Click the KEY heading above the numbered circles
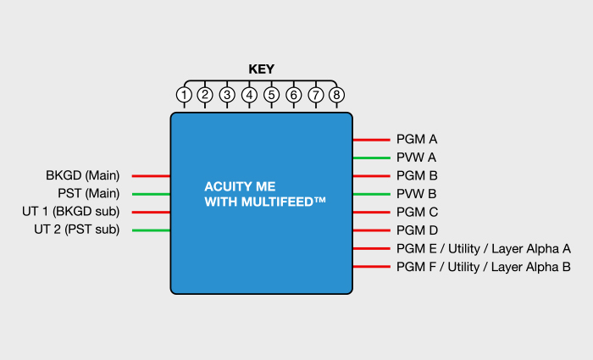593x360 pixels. pos(261,69)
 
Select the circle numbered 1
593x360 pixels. pos(184,95)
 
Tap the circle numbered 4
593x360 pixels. pos(249,95)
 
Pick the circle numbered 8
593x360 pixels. pos(336,95)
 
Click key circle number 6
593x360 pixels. pos(293,95)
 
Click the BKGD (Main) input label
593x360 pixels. pos(83,175)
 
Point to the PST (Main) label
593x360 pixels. pos(89,194)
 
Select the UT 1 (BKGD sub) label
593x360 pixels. pos(70,212)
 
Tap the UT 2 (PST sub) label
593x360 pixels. pos(77,230)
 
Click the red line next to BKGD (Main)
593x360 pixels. pos(151,176)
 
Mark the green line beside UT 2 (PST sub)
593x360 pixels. pos(151,230)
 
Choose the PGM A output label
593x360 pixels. pos(417,139)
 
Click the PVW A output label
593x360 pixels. pos(417,158)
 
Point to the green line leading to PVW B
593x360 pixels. pos(371,194)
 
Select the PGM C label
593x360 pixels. pos(417,212)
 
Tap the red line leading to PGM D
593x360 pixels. pos(371,230)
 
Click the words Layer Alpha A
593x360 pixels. pos(531,249)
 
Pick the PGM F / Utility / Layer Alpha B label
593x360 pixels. pos(484,267)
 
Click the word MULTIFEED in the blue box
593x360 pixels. pos(278,202)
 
